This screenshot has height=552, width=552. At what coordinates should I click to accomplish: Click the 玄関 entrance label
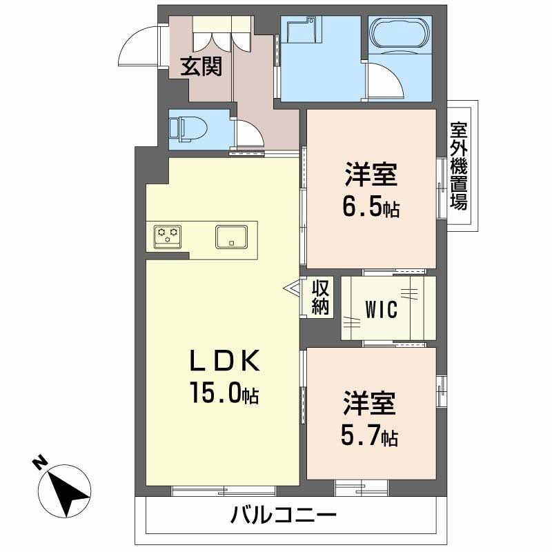(201, 66)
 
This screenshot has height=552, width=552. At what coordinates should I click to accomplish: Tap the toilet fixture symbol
(187, 128)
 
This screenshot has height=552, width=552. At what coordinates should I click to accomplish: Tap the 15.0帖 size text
(224, 394)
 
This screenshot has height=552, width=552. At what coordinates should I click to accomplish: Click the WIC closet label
(380, 310)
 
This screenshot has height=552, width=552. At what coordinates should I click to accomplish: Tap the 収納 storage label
(319, 297)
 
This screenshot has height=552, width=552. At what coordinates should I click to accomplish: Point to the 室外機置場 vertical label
(458, 166)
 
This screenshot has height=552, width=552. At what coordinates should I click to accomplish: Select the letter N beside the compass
(40, 462)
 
